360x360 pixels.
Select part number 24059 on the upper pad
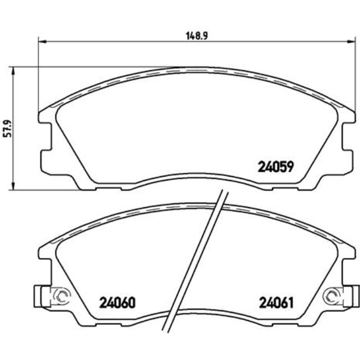coord(275,166)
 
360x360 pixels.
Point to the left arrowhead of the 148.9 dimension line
coord(41,40)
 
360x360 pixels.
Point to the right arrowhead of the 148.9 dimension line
coord(351,40)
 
